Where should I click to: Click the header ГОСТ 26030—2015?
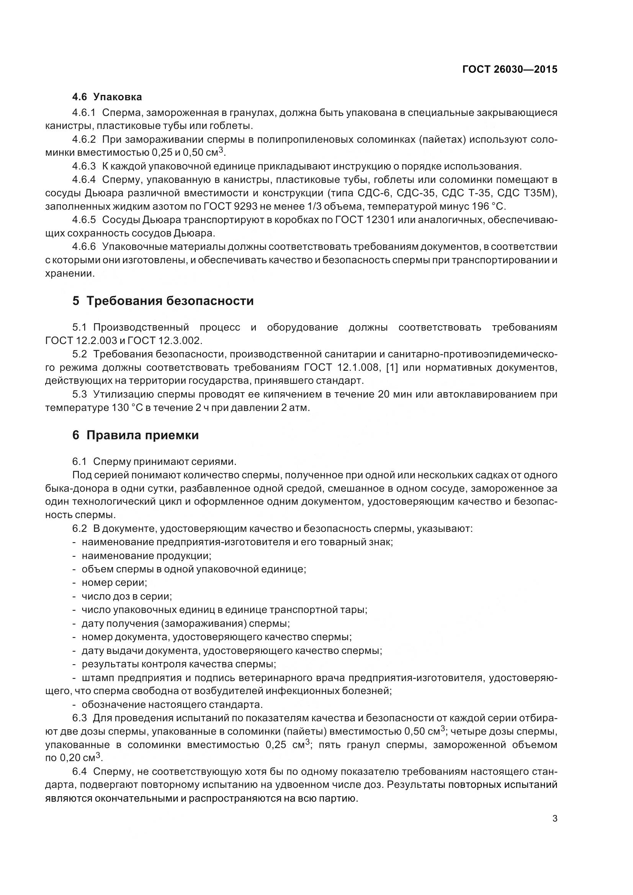tap(509, 69)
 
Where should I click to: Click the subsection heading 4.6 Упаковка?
tap(107, 97)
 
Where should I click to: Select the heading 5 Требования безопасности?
tap(163, 301)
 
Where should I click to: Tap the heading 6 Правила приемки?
tap(135, 435)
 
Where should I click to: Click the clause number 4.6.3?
tap(83, 166)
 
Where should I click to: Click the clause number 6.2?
tap(79, 528)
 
